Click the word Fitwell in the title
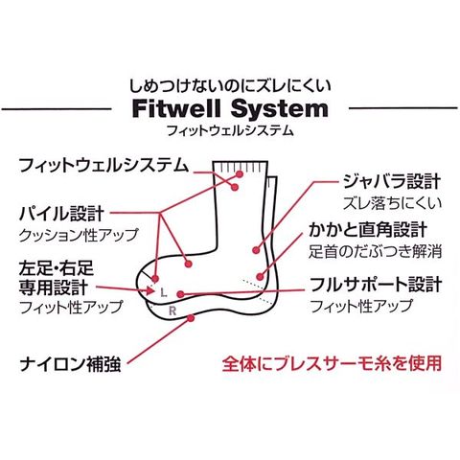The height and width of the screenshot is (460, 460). (x=176, y=109)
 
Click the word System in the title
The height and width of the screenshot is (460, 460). (x=280, y=109)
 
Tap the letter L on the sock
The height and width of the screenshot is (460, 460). (x=164, y=292)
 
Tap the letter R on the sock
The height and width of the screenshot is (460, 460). (x=172, y=310)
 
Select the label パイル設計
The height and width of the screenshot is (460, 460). (x=61, y=214)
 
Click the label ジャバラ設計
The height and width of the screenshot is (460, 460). (x=392, y=181)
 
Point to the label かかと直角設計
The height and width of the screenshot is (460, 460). (x=368, y=230)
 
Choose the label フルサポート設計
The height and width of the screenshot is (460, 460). (x=377, y=285)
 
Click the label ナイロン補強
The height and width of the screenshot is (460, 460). (x=70, y=364)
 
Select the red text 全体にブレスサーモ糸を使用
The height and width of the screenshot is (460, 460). (x=332, y=363)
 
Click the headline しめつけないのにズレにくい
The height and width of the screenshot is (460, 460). (x=230, y=86)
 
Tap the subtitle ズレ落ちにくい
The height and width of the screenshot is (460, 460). (x=392, y=203)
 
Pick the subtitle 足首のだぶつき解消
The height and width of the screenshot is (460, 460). (x=375, y=251)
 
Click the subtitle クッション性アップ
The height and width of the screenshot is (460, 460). (x=79, y=235)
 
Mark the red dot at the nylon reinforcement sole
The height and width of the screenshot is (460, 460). (x=191, y=318)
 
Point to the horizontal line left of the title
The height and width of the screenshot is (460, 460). (x=57, y=109)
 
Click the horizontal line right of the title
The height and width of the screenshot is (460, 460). (x=403, y=108)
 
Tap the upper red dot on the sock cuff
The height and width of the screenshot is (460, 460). (x=240, y=174)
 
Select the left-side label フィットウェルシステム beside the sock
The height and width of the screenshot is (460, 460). (x=103, y=165)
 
